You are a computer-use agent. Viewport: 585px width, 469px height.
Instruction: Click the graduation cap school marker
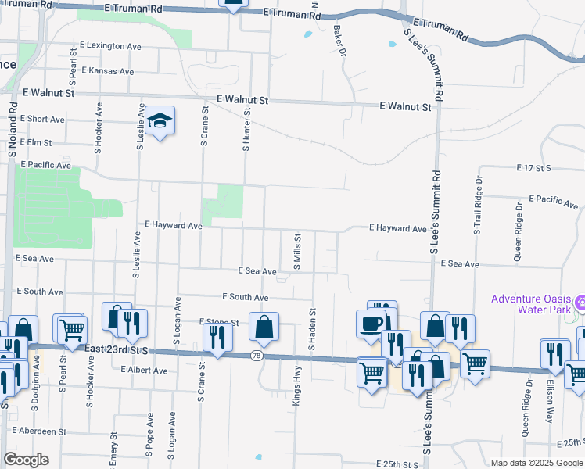tap(160, 121)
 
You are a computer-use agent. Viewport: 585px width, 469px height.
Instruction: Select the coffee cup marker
tap(371, 323)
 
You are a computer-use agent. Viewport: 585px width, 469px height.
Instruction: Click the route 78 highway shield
tap(257, 356)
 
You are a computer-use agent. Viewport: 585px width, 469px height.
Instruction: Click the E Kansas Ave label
tap(106, 71)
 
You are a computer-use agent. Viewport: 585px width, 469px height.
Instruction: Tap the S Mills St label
tap(297, 251)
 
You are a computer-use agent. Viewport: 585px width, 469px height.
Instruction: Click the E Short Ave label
tap(43, 119)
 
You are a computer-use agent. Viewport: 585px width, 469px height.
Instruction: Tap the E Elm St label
tap(36, 143)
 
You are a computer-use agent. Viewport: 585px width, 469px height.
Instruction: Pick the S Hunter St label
tap(247, 130)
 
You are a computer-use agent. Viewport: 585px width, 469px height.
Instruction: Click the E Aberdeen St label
tap(39, 431)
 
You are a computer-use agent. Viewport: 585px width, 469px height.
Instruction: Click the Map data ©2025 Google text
tap(536, 463)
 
